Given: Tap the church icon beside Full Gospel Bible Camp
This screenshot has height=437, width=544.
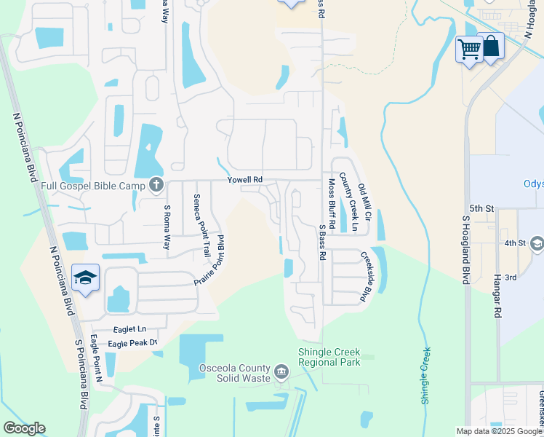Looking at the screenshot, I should [x=156, y=186].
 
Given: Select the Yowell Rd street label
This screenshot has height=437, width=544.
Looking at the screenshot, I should [x=244, y=179].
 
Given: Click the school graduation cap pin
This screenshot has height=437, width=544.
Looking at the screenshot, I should [x=86, y=279].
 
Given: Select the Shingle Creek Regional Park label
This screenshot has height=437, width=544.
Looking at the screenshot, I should [x=329, y=357].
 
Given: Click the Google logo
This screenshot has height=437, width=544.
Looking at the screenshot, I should [x=24, y=428].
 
